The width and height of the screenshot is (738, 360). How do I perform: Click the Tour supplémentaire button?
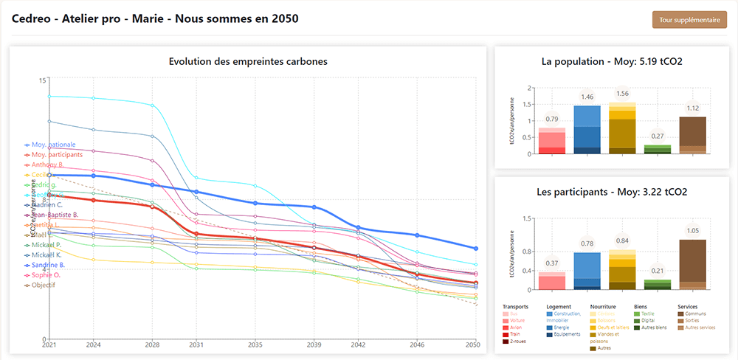click(690, 20)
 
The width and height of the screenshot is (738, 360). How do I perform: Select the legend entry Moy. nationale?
click(54, 145)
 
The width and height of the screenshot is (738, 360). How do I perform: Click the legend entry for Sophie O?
click(46, 274)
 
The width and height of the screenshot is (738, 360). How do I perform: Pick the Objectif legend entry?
click(43, 285)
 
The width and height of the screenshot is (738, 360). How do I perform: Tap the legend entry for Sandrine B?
click(48, 264)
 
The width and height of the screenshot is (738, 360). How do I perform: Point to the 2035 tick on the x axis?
click(255, 345)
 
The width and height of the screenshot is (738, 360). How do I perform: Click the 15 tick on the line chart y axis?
click(41, 80)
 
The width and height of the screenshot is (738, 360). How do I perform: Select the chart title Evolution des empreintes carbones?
click(248, 62)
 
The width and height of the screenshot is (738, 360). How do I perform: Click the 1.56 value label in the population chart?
click(621, 94)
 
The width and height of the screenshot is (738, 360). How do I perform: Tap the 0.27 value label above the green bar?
click(657, 136)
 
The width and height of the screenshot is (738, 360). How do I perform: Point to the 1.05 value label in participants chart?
click(692, 231)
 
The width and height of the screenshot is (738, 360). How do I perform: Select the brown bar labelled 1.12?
click(692, 135)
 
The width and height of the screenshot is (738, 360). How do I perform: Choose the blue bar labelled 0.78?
click(587, 271)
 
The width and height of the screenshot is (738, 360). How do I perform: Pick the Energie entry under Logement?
click(562, 327)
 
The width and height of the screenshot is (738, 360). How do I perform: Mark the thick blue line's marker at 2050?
click(476, 249)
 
